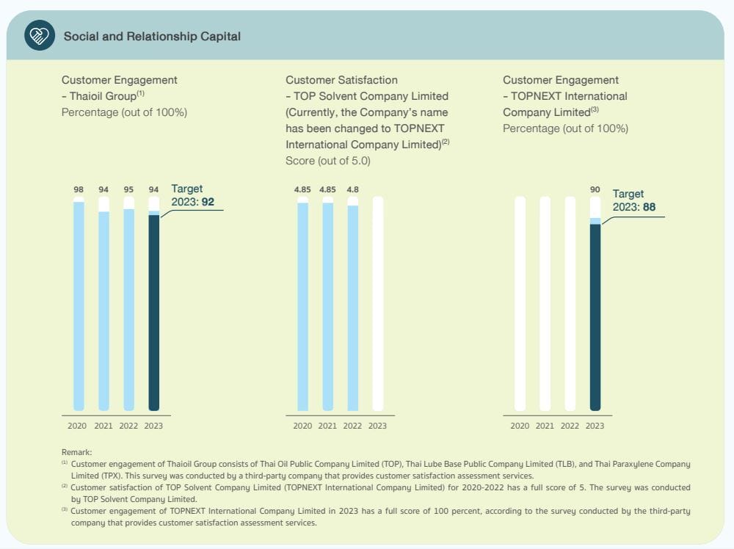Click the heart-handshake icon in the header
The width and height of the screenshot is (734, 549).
40,35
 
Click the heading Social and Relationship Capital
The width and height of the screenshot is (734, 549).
152,36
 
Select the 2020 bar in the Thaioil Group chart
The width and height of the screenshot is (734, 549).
79,305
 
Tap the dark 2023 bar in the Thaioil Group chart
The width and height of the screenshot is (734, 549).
153,312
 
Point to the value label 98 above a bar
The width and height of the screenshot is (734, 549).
79,189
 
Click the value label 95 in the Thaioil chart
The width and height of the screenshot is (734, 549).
128,189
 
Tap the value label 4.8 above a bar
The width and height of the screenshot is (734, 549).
352,189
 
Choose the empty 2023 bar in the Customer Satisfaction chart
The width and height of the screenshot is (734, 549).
377,303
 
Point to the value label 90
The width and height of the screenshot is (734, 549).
595,189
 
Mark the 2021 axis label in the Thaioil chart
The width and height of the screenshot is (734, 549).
103,426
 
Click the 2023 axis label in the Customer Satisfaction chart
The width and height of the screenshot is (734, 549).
377,426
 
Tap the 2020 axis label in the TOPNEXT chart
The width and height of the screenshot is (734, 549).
520,426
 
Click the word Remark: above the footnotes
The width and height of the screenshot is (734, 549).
76,453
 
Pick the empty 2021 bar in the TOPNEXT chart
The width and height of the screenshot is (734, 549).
545,303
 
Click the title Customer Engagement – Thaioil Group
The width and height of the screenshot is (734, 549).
119,88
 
